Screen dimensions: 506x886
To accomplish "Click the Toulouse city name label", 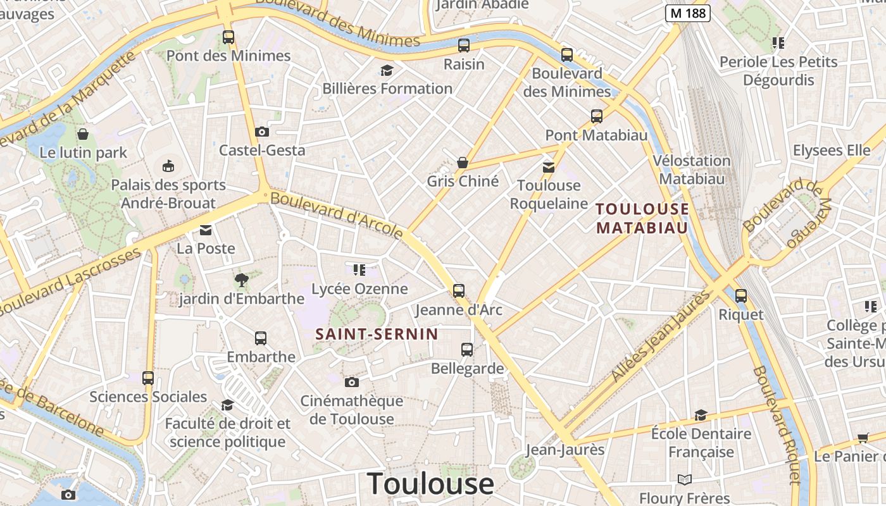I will [x=430, y=484].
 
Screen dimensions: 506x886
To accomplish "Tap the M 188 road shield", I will [x=688, y=13].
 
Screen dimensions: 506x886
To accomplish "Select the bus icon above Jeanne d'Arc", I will [x=459, y=291].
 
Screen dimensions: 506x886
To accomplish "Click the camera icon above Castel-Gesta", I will [x=261, y=132].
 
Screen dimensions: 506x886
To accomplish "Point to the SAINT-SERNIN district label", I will [x=377, y=334].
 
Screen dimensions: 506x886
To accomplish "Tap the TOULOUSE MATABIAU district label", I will [x=642, y=218].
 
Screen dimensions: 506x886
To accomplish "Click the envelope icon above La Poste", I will [x=206, y=230].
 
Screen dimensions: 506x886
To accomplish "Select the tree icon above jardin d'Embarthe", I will [x=241, y=280].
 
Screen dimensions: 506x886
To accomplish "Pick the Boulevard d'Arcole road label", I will [x=337, y=216].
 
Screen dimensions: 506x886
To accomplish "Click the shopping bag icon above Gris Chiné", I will [x=463, y=163].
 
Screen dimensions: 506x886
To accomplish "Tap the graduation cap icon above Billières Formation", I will [x=387, y=70].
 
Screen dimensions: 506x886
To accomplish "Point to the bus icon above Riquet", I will [x=741, y=295].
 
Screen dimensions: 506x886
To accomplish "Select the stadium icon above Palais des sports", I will [x=168, y=166].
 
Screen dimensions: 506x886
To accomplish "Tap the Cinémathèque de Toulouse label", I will [x=351, y=409].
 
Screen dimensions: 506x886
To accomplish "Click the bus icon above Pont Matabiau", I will [x=597, y=116].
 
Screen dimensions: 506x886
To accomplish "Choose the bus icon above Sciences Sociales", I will [x=148, y=378].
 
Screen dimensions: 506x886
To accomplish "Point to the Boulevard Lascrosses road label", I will [x=70, y=282].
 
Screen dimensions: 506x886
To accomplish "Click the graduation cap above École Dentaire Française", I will [x=701, y=415].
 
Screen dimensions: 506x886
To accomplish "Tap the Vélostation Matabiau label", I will [x=692, y=170].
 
